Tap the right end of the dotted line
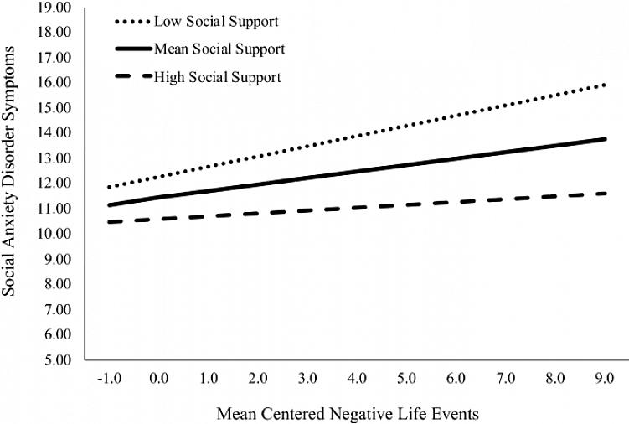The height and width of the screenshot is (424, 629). tap(606, 84)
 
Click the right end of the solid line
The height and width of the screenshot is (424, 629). tap(606, 139)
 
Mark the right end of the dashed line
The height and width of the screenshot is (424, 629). tap(606, 194)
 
